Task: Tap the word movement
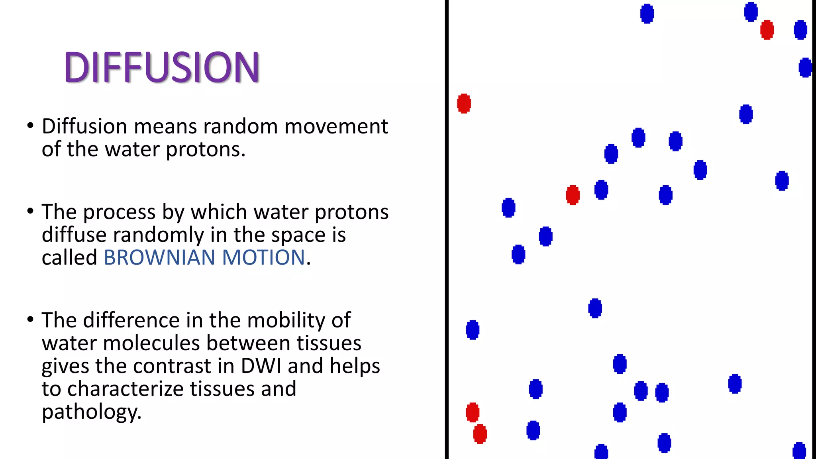(336, 127)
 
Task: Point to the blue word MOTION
(263, 257)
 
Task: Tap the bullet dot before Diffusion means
(30, 126)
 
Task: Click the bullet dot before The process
(30, 211)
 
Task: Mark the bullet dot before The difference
(30, 320)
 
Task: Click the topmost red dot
(767, 30)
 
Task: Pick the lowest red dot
(480, 434)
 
